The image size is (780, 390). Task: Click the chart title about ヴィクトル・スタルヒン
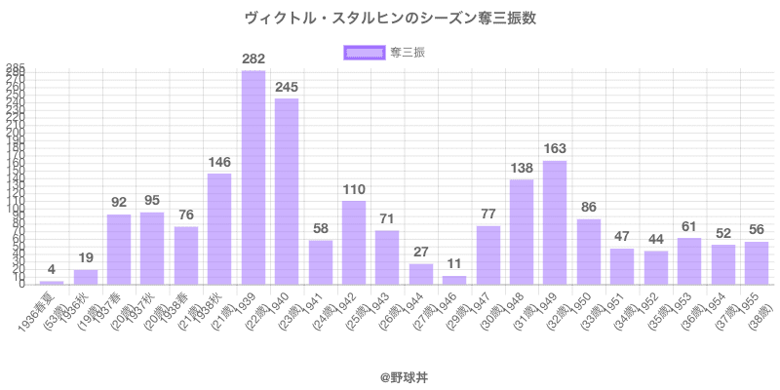tap(390, 18)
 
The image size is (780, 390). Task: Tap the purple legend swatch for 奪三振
tap(364, 53)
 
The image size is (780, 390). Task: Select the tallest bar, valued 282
tap(253, 177)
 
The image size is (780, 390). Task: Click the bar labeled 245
tap(287, 191)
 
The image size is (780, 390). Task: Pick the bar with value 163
tap(555, 222)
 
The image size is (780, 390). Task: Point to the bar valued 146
tap(219, 229)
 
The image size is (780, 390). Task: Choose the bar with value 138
tap(522, 232)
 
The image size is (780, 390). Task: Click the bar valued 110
tap(354, 243)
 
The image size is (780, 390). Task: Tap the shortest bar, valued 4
tap(52, 283)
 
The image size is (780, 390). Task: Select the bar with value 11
tap(454, 281)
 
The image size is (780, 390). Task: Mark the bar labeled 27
tap(421, 274)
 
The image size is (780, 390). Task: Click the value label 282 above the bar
tap(253, 59)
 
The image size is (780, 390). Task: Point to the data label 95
tap(152, 202)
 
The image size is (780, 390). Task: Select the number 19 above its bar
tap(86, 259)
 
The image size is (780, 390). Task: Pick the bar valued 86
tap(589, 252)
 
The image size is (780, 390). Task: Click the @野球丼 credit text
tap(390, 373)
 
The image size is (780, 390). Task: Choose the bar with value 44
tap(656, 268)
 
